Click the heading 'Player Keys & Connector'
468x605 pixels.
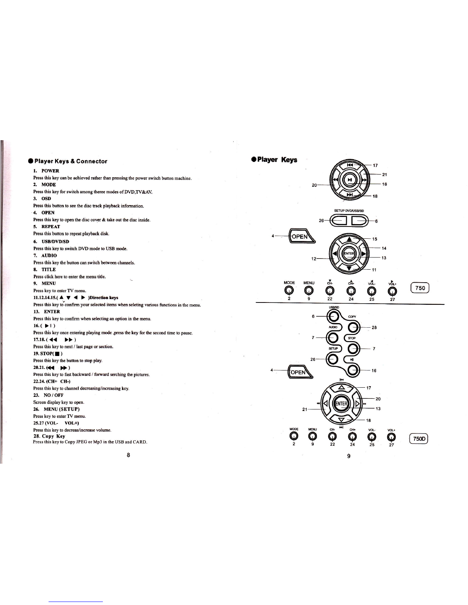click(71, 161)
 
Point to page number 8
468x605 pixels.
click(128, 455)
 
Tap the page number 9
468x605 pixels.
click(349, 456)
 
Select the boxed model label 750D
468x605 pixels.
click(418, 439)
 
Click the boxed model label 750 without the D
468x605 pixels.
click(420, 288)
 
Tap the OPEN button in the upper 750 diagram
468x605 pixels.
click(301, 236)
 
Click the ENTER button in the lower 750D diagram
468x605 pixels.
click(341, 403)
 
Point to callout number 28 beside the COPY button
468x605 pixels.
click(374, 327)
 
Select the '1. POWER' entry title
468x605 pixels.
click(46, 171)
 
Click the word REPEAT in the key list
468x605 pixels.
click(51, 226)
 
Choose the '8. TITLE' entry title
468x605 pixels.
click(45, 269)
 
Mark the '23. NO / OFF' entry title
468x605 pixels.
click(48, 395)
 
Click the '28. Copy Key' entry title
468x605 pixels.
click(49, 436)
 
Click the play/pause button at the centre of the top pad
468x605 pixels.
click(349, 180)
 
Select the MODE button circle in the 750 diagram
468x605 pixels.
click(289, 291)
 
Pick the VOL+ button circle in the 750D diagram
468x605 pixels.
click(392, 436)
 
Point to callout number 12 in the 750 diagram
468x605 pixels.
click(314, 259)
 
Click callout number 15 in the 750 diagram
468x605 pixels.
click(375, 239)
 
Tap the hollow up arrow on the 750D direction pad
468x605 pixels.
click(342, 387)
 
